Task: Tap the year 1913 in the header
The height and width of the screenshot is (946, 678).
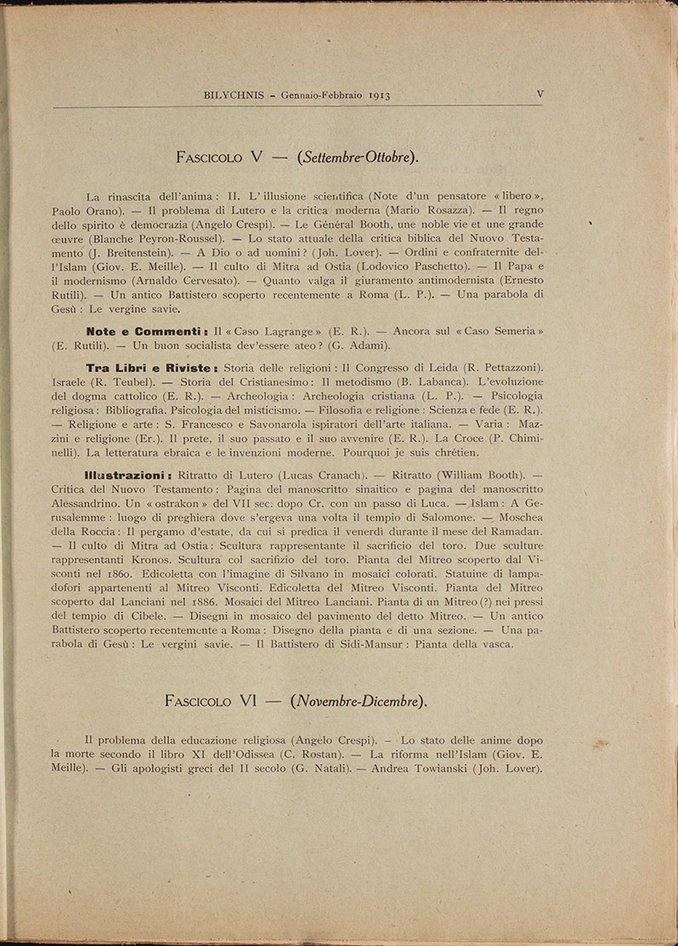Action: point(374,97)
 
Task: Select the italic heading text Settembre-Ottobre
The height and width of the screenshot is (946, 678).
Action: point(358,157)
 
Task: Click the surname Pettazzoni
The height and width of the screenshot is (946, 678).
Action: point(504,367)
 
